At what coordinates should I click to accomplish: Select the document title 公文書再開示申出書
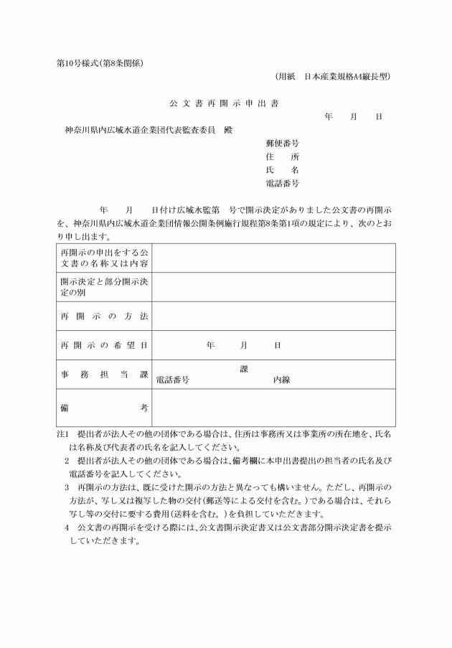(x=225, y=103)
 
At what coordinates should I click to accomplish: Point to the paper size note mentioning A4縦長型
(x=333, y=76)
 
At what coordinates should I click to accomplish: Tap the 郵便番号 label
(x=282, y=144)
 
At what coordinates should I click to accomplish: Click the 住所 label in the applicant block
(x=282, y=156)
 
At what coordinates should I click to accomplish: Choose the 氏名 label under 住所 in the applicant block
(x=282, y=170)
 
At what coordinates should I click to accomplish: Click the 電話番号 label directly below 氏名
(x=282, y=184)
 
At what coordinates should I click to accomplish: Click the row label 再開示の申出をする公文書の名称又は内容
(x=104, y=258)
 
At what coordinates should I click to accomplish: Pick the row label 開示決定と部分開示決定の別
(x=104, y=287)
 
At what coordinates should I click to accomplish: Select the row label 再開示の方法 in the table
(x=104, y=316)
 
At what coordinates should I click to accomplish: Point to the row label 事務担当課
(x=104, y=375)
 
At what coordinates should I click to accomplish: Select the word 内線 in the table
(x=281, y=380)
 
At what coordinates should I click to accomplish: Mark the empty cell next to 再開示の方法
(x=273, y=316)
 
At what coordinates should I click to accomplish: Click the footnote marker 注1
(x=62, y=434)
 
